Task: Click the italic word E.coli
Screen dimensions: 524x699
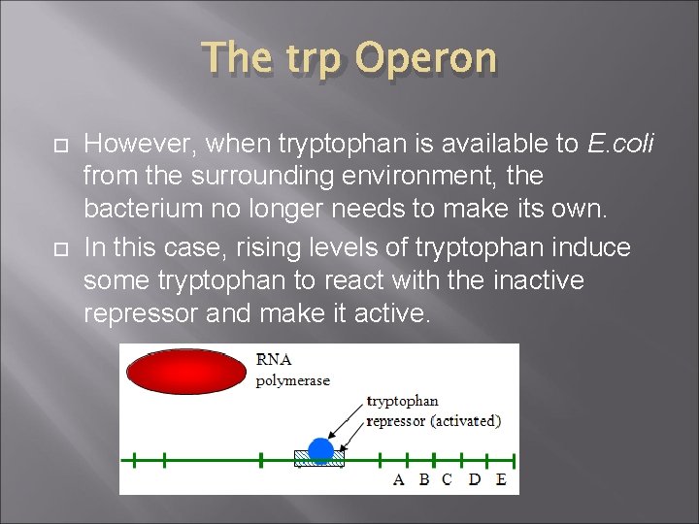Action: pos(620,145)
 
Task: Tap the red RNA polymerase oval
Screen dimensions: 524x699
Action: pos(186,372)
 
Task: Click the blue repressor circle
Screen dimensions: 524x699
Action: pos(320,449)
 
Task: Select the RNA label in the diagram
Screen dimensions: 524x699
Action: pos(274,359)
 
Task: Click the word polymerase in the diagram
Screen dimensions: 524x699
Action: pos(292,380)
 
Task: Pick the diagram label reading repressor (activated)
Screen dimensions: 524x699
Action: pos(433,420)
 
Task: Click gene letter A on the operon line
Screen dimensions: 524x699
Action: pos(398,479)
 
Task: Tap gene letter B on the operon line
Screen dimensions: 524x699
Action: pos(423,479)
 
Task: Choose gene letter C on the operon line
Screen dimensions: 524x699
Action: pos(447,479)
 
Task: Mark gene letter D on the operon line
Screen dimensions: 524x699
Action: pos(474,479)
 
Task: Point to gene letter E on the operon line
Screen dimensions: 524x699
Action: pos(500,479)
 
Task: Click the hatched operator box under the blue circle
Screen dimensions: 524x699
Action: pos(319,461)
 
